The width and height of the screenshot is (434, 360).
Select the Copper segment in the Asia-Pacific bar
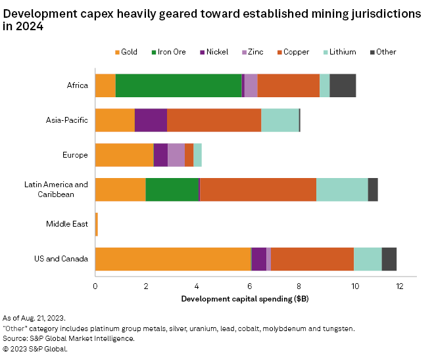coord(214,120)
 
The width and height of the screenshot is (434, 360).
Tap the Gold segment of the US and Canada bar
coord(173,259)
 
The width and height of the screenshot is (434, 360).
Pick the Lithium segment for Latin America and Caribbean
coord(342,189)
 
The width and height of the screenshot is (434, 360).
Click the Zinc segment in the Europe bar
coord(176,155)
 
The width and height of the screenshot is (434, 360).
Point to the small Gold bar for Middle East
coord(97,224)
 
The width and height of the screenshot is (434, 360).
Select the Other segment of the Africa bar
coord(343,85)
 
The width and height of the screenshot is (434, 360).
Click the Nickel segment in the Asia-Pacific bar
coord(151,120)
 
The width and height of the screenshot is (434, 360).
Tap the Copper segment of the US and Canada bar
coord(312,259)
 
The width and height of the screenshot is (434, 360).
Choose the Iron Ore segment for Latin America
coord(172,189)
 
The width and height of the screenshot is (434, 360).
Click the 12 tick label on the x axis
coord(401,286)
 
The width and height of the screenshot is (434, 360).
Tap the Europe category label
coord(76,155)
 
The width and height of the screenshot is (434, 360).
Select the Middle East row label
coord(67,224)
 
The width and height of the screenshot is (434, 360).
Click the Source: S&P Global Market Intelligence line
coord(69,338)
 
